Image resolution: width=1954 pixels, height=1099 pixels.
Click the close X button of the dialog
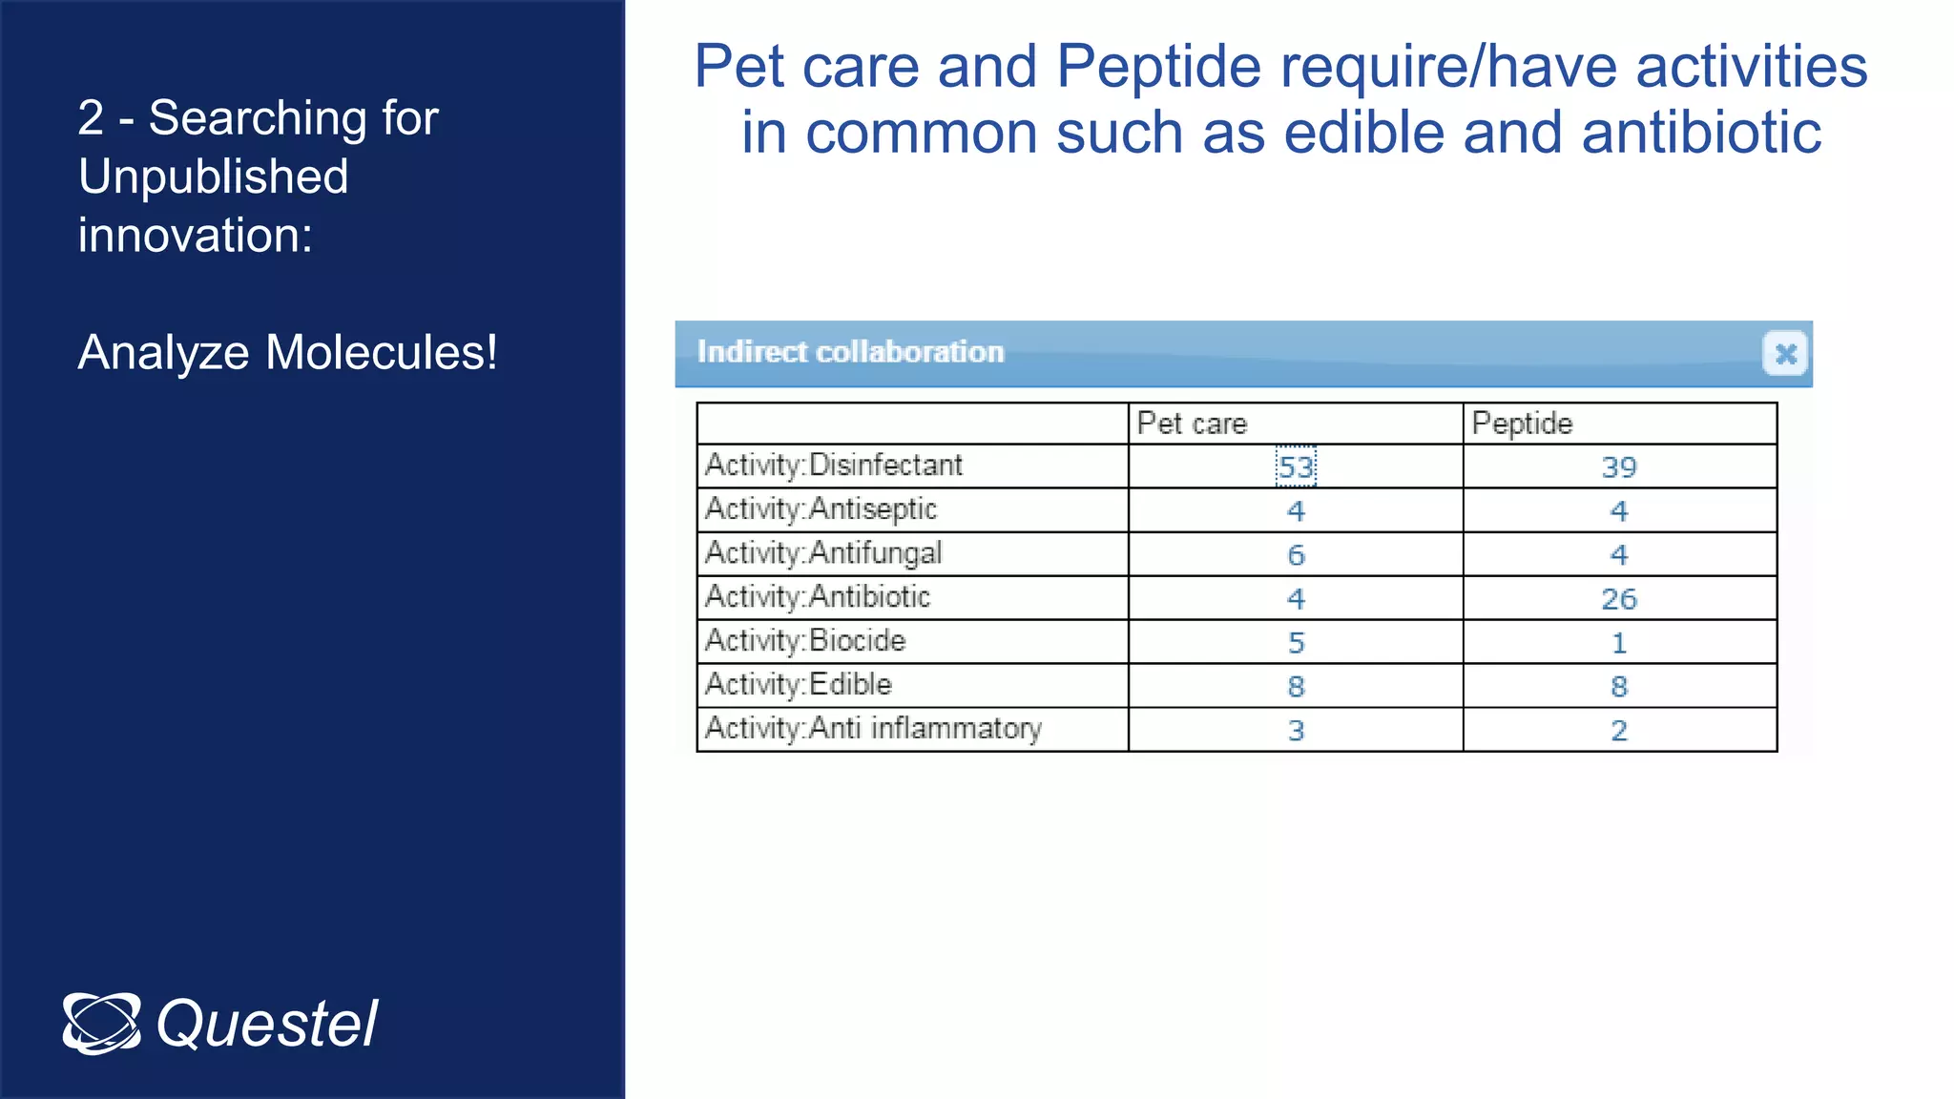point(1785,354)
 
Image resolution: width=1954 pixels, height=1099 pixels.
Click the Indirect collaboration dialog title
point(850,352)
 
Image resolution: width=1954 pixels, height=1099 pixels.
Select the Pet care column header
point(1192,424)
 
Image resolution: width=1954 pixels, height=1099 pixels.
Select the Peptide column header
point(1522,424)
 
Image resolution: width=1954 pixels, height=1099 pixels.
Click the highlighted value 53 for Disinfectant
point(1296,467)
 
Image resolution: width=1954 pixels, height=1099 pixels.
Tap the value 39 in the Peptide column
point(1619,467)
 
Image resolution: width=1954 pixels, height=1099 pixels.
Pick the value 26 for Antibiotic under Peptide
point(1619,599)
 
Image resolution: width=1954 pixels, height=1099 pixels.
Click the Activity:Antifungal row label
point(823,553)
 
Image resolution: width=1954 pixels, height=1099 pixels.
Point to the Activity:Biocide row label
point(805,641)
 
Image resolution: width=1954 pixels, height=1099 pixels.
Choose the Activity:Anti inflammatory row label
point(873,729)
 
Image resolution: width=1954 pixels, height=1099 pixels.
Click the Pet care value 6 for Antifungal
point(1296,555)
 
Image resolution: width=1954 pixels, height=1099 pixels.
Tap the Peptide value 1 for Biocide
point(1619,643)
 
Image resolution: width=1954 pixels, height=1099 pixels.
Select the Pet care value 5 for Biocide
point(1296,643)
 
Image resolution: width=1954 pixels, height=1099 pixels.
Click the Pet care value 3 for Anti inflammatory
point(1296,731)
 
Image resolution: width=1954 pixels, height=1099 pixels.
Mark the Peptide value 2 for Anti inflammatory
point(1619,731)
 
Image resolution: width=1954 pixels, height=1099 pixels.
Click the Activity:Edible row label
point(799,685)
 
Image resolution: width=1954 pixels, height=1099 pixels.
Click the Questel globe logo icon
point(101,1024)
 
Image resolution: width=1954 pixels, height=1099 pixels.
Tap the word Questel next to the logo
point(267,1025)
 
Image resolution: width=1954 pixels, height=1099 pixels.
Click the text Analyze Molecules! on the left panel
point(287,352)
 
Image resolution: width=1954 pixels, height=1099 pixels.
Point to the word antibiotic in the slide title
point(1701,132)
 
